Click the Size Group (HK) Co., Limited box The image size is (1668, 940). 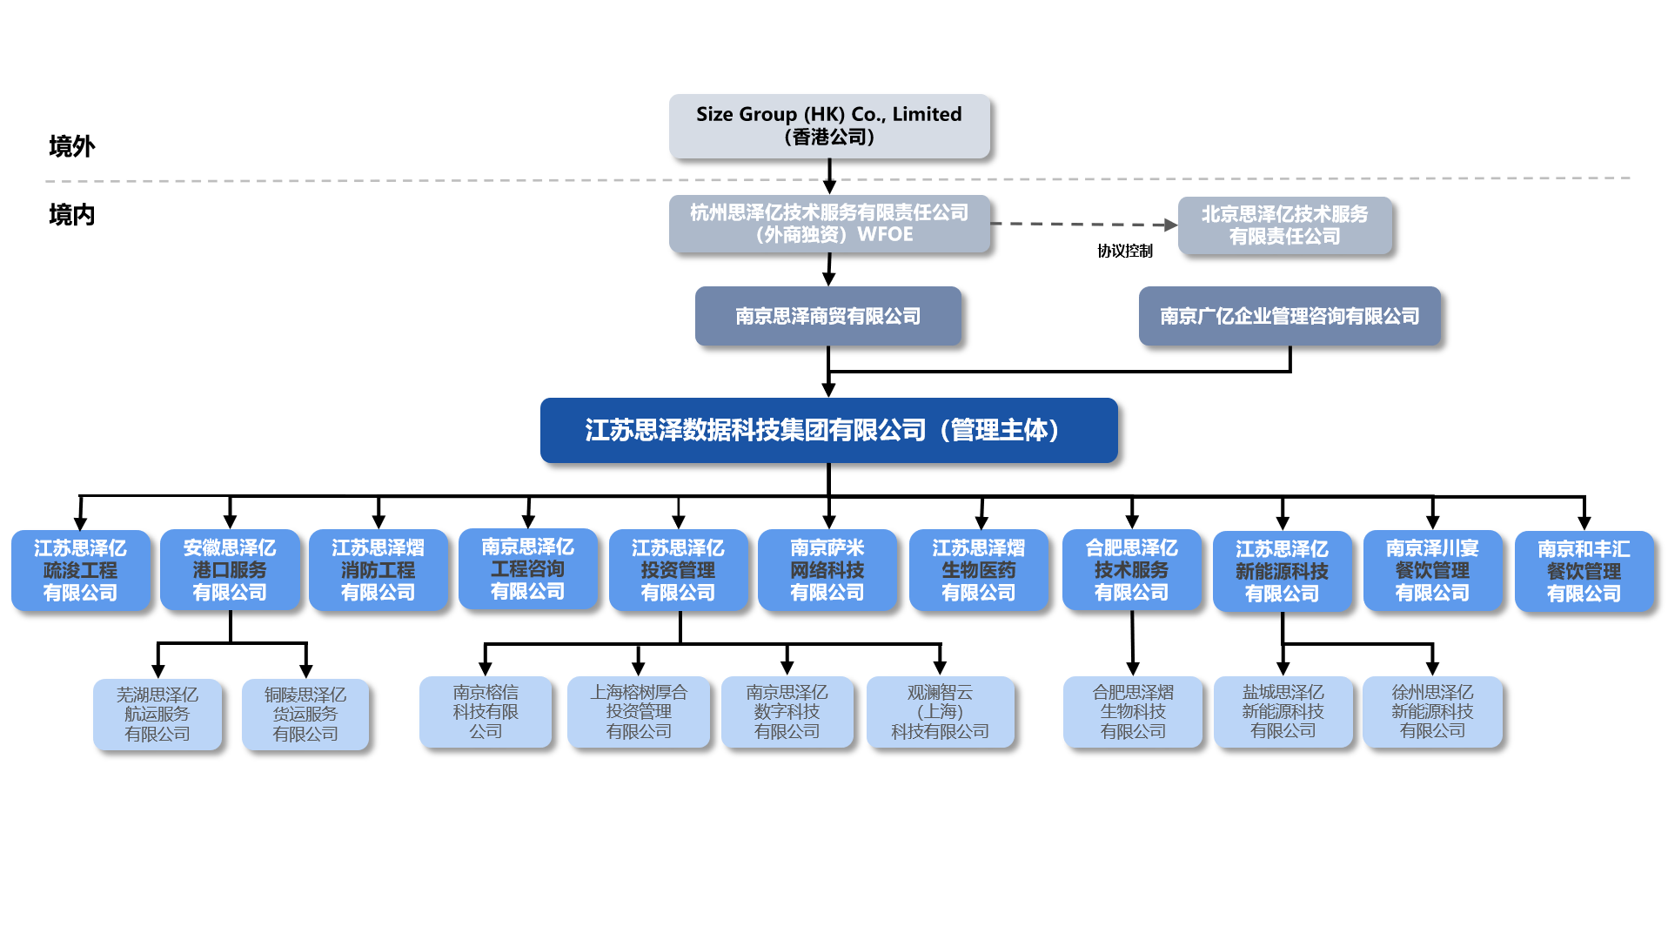point(828,125)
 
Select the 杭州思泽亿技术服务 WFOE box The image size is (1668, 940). point(828,224)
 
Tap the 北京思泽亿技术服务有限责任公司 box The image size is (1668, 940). point(1284,225)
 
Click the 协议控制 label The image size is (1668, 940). point(1124,251)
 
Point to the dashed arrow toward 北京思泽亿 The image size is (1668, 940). point(1083,224)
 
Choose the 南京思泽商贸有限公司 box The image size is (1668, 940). point(827,316)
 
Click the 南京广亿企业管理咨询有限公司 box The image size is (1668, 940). point(1289,316)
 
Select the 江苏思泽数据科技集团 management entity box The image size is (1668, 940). point(827,430)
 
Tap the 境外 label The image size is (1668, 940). point(71,146)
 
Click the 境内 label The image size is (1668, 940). point(71,214)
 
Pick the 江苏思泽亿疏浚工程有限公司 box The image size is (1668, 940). point(80,570)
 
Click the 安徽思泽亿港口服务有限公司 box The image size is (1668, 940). point(230,570)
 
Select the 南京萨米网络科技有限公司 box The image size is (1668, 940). point(827,570)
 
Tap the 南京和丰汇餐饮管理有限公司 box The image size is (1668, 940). point(1583,571)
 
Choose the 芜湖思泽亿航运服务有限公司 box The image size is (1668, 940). point(157,714)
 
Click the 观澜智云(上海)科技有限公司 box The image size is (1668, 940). point(940,712)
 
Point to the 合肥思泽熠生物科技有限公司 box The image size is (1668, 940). point(1132,712)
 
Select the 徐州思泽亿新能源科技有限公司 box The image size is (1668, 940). point(1431,712)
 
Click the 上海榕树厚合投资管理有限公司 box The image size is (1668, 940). point(638,712)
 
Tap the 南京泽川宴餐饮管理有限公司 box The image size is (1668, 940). point(1431,570)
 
